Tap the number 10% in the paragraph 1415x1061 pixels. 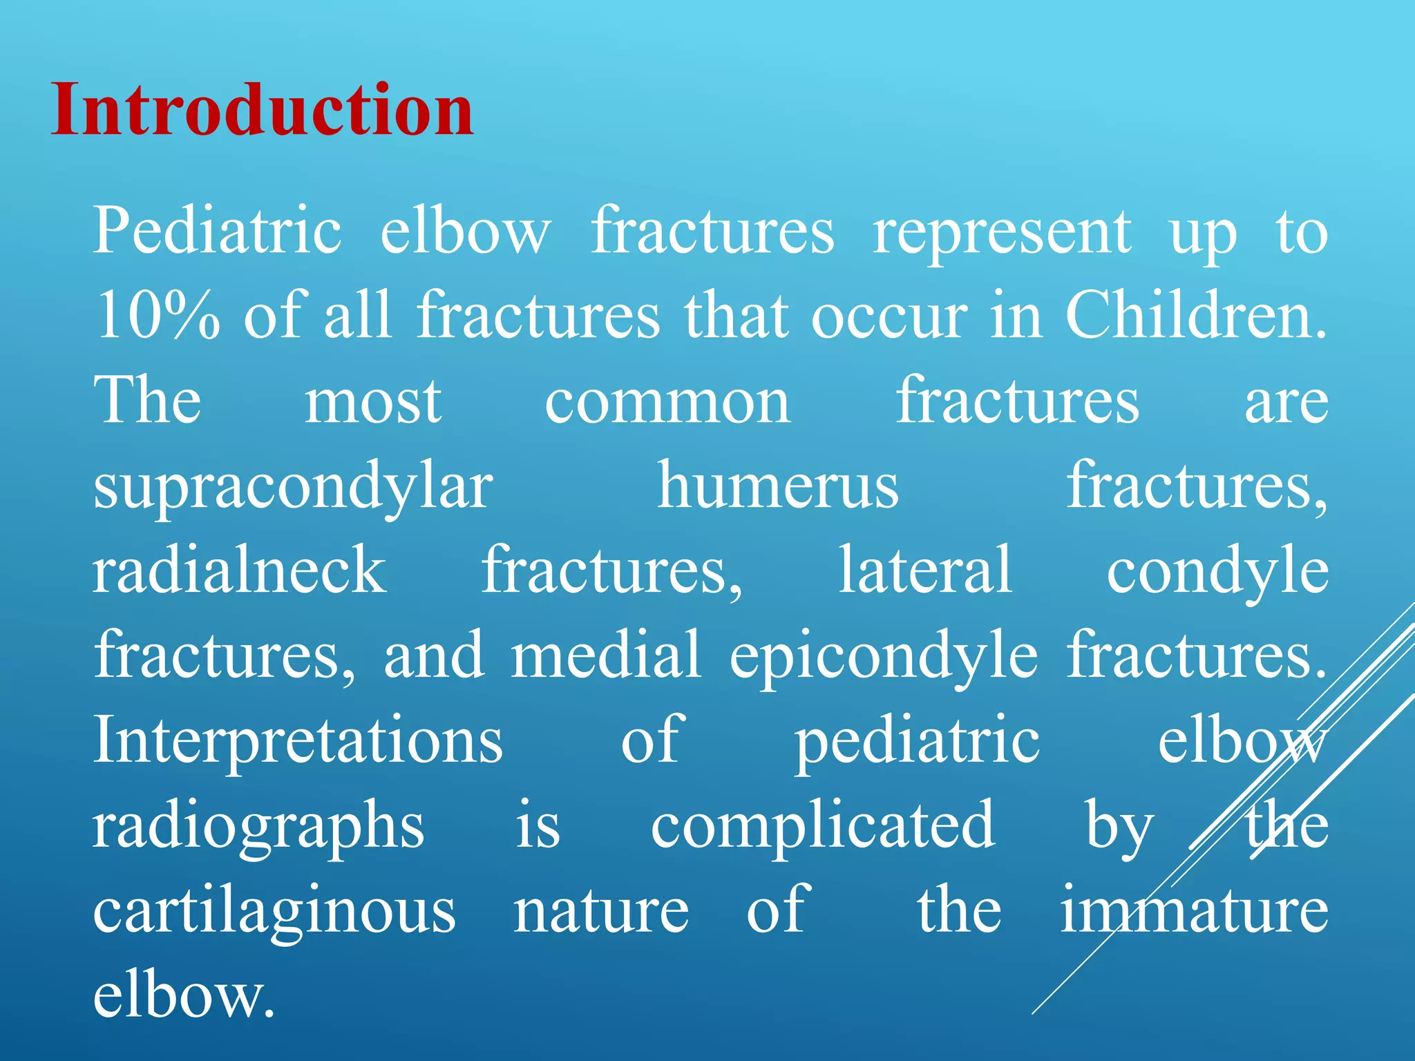click(x=158, y=316)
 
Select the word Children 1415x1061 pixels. click(x=1195, y=316)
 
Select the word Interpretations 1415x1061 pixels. click(x=298, y=740)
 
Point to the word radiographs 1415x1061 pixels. click(x=258, y=828)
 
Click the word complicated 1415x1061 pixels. click(x=822, y=828)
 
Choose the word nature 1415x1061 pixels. click(x=600, y=912)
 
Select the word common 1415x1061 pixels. click(x=667, y=403)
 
